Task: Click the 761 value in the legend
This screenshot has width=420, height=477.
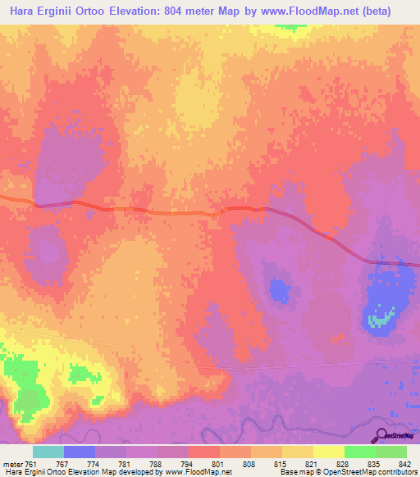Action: click(30, 464)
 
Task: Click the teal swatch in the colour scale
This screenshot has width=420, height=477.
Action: click(48, 452)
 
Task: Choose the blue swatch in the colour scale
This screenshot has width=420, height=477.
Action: click(80, 452)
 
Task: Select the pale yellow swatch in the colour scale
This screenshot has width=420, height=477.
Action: click(328, 452)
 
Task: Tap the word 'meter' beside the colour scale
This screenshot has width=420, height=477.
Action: click(13, 464)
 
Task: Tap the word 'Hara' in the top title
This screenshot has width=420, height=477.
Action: click(23, 11)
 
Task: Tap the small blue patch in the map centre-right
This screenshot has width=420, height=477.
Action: click(280, 289)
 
